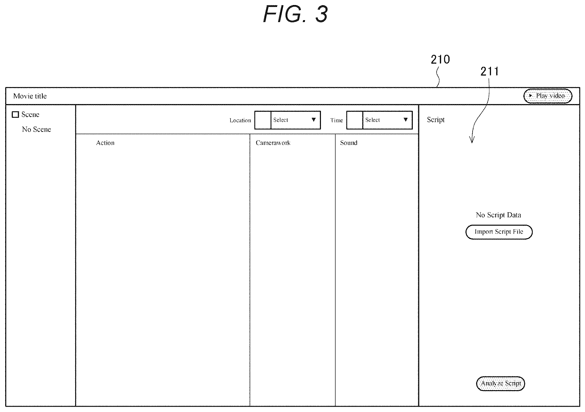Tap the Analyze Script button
coord(500,383)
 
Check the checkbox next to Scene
coord(15,115)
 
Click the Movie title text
coord(30,96)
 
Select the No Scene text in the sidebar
coord(36,129)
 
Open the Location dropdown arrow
coord(314,119)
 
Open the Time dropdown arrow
coord(406,119)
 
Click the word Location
coord(240,120)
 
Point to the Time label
coord(337,120)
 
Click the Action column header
coord(105,143)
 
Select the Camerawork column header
coord(273,143)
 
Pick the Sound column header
coord(349,143)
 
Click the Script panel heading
coord(436,120)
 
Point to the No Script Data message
coord(498,215)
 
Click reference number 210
coord(440,59)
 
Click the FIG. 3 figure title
coord(295,14)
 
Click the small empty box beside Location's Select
coord(263,120)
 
